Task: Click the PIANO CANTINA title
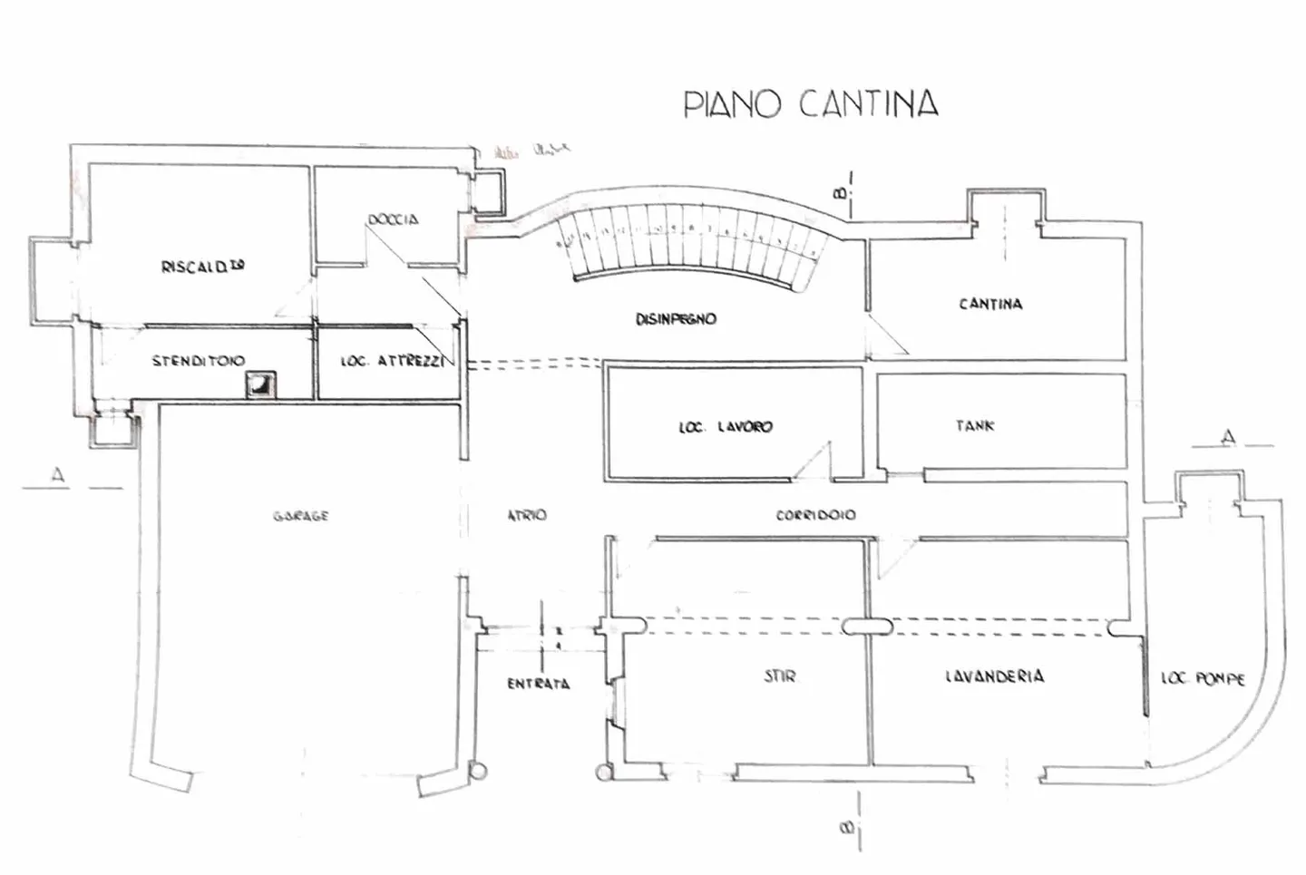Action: tap(810, 103)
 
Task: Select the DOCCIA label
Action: tap(393, 219)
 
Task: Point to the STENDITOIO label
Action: tap(198, 361)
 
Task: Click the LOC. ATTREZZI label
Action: tap(392, 361)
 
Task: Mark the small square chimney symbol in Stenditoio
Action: tap(260, 386)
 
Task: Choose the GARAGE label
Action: tap(300, 516)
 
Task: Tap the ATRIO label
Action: tap(526, 515)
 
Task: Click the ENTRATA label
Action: tap(538, 684)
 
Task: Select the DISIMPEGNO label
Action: tap(676, 319)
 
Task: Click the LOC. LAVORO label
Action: tap(726, 426)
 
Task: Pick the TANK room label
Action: tap(975, 424)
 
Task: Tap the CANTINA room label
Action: tap(990, 304)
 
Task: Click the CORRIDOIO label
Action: tap(814, 515)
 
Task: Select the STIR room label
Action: tap(779, 676)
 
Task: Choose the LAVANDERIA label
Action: tap(994, 676)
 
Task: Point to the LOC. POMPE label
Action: tap(1203, 678)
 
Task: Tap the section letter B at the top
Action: tap(841, 192)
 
